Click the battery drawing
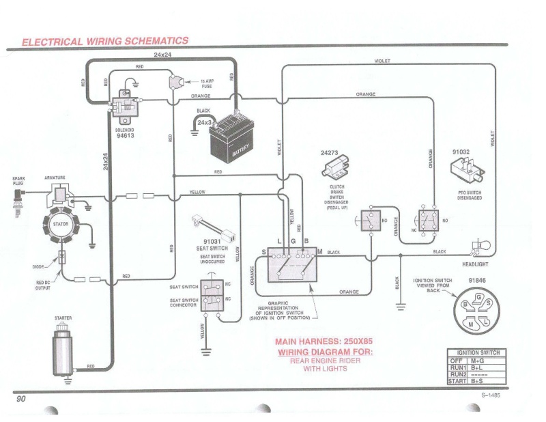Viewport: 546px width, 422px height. pyautogui.click(x=231, y=140)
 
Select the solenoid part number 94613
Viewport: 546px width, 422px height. pyautogui.click(x=125, y=135)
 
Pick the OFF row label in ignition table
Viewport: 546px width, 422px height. pyautogui.click(x=456, y=360)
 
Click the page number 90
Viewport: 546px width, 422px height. pyautogui.click(x=20, y=398)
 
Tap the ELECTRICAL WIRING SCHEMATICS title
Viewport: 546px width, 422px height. pyautogui.click(x=105, y=41)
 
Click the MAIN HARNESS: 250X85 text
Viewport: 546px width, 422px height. pyautogui.click(x=324, y=341)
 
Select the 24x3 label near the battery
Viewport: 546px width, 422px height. pyautogui.click(x=204, y=122)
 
